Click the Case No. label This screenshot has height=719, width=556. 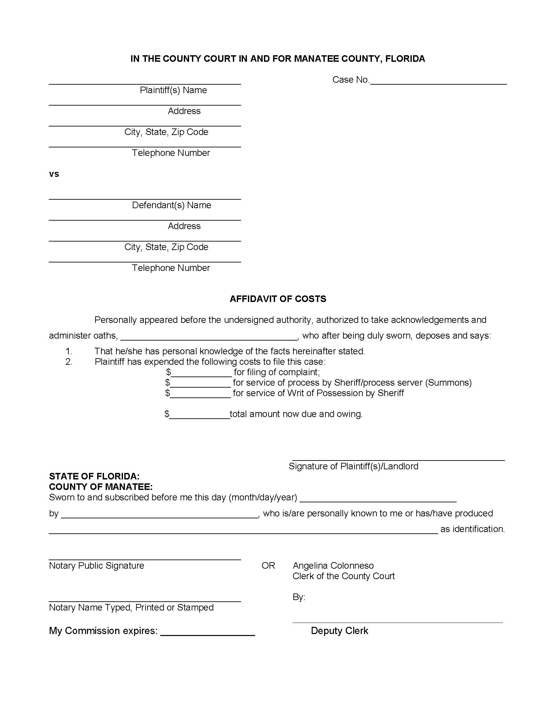[x=351, y=80]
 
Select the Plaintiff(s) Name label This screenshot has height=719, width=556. [x=173, y=90]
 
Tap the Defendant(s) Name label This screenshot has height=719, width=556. [x=171, y=205]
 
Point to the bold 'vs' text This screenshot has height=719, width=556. [x=54, y=174]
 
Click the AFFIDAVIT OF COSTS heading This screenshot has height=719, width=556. [x=278, y=299]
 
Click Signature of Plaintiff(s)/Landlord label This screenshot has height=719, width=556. [x=353, y=466]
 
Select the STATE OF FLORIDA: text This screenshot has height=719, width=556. [x=94, y=477]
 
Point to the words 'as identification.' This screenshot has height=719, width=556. [x=472, y=529]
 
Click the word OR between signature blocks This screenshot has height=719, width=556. [x=268, y=566]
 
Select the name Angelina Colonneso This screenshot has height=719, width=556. [x=333, y=566]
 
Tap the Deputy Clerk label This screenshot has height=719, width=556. [x=339, y=631]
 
